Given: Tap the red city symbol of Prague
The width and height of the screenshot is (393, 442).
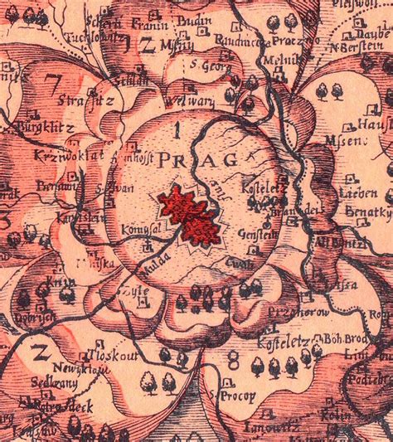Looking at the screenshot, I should pos(192,215).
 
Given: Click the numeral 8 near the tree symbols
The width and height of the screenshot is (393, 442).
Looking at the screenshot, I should pos(233,359).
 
